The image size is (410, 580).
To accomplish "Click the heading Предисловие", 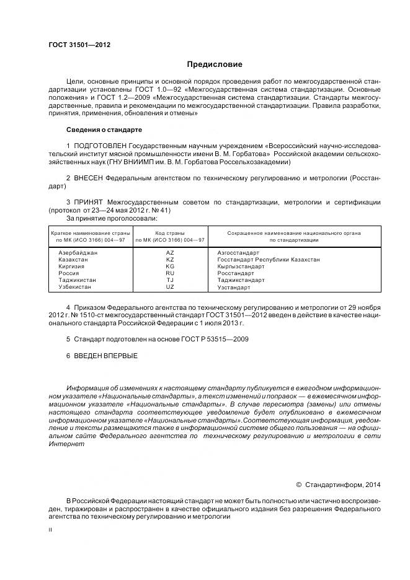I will click(215, 64).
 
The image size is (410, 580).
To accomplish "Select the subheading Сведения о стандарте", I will click(104, 130).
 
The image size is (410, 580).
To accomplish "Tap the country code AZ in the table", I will click(170, 253).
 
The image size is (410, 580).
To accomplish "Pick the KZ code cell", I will click(170, 260).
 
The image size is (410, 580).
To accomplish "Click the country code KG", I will click(170, 266).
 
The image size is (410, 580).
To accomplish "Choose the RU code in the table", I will click(170, 273).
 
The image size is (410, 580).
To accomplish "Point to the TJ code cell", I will click(170, 280).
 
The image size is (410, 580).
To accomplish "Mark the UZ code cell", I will click(170, 287).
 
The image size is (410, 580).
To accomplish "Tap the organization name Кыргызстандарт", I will click(241, 266).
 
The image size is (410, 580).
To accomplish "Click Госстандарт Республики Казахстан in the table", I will click(269, 260).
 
